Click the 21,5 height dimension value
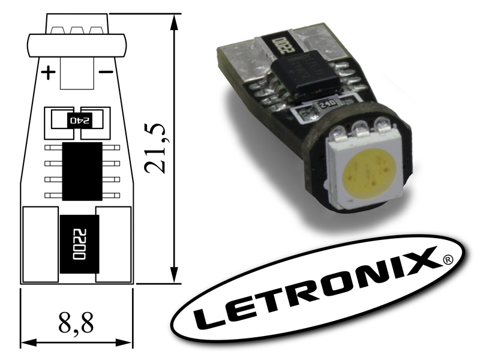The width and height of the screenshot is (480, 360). pos(155,149)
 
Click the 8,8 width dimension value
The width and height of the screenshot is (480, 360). pos(76,322)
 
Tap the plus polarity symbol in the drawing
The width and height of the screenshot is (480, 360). pos(49,73)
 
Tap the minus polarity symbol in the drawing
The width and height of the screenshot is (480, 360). pos(106,72)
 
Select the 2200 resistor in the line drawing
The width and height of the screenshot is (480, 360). pos(80,244)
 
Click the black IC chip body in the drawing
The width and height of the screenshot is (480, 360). pos(82,172)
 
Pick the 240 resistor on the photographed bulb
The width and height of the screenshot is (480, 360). pos(327,105)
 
